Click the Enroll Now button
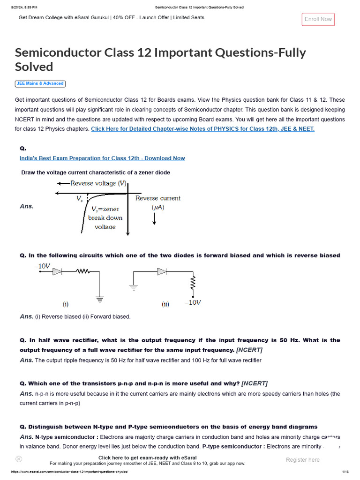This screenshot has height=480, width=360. click(318, 19)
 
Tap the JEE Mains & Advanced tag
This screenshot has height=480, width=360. click(40, 83)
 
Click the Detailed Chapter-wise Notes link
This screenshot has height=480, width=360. click(202, 129)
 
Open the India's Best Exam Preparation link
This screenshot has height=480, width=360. click(102, 158)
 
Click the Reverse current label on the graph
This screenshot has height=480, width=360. click(157, 198)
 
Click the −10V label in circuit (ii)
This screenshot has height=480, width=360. click(193, 302)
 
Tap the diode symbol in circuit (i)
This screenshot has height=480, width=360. click(57, 271)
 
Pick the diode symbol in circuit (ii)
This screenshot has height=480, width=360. click(162, 271)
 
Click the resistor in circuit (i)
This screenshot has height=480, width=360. click(83, 271)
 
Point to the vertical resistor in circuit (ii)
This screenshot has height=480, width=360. click(192, 283)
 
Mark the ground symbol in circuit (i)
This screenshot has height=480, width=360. click(99, 297)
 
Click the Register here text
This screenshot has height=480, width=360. click(302, 460)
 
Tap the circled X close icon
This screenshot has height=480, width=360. click(19, 459)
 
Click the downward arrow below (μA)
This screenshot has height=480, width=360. click(154, 218)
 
